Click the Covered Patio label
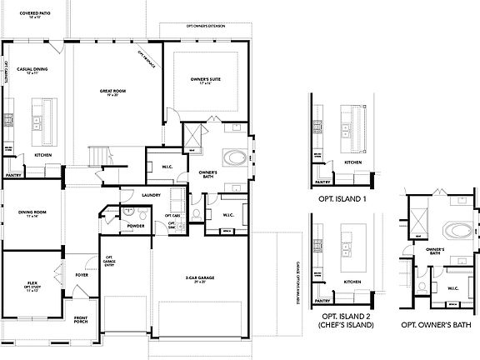[x=22, y=14]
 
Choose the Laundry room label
[x=151, y=195]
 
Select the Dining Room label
[x=29, y=213]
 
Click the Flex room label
[x=33, y=286]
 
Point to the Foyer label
[x=82, y=273]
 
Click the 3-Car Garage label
[x=197, y=277]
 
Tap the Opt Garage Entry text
[x=108, y=262]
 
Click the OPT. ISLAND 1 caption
[x=342, y=200]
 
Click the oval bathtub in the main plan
[x=234, y=157]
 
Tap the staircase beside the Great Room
[x=98, y=155]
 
